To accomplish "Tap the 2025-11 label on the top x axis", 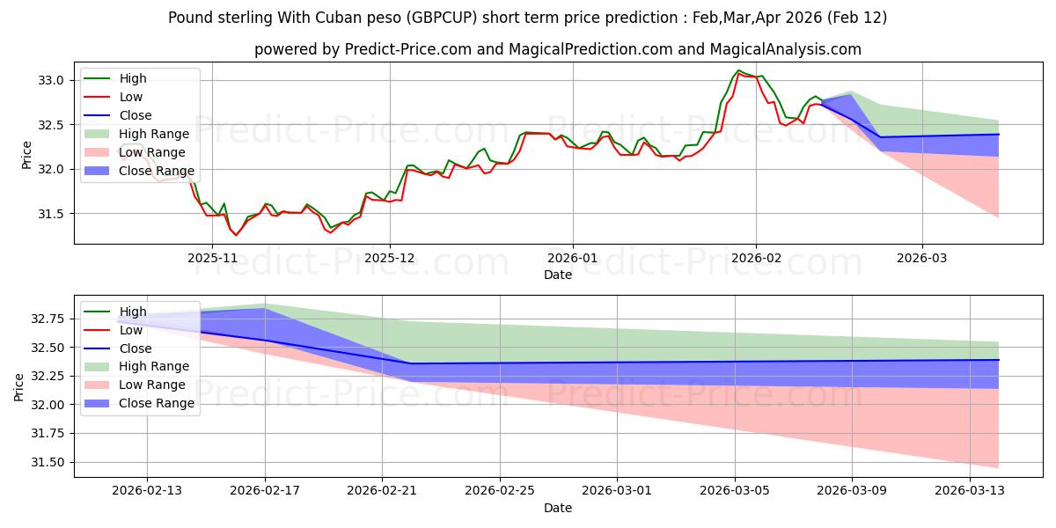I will coord(212,258).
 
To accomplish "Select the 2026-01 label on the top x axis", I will coord(573,258).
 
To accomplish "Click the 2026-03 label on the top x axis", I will coord(922,258).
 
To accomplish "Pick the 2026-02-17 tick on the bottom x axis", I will coord(265,491).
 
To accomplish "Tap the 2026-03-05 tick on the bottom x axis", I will coord(735,491).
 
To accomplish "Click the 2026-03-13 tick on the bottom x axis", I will coord(970,491).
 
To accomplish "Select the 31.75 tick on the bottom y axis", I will coord(49,434).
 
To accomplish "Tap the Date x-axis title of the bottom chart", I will coord(557,508).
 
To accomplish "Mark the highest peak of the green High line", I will coord(738,70).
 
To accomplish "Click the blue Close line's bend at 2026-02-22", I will coord(411,363).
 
